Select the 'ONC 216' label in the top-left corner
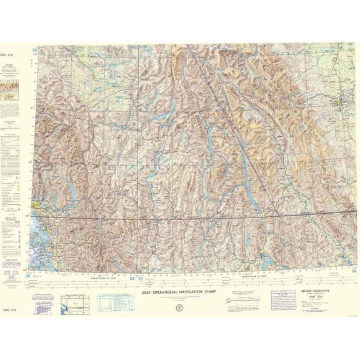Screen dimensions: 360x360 pos(11,56)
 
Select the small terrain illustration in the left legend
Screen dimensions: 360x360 pos(11,96)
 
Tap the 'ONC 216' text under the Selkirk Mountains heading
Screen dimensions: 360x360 pos(297,298)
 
